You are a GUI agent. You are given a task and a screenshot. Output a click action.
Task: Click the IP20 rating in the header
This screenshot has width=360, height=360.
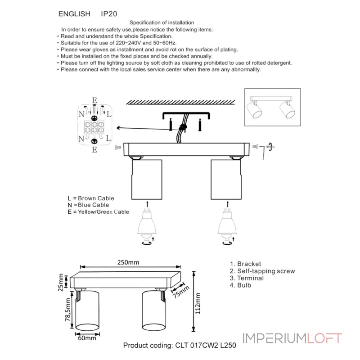[109, 14]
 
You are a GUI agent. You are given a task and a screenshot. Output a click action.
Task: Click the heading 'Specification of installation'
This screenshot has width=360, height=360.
[162, 22]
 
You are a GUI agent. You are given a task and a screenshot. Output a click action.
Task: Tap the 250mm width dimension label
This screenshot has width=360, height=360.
[128, 262]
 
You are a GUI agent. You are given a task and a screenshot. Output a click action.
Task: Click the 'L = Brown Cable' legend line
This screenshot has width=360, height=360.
[90, 198]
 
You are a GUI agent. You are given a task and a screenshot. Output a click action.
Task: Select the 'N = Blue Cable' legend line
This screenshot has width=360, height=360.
[88, 205]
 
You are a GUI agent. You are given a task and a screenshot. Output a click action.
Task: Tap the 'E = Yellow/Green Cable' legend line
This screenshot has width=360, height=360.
[98, 211]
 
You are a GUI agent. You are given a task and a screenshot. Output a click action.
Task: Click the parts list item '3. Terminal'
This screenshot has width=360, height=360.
[247, 278]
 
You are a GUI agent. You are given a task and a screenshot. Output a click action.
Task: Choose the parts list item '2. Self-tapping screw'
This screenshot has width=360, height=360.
[262, 271]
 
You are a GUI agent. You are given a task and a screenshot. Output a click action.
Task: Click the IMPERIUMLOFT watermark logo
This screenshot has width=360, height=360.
[292, 338]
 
